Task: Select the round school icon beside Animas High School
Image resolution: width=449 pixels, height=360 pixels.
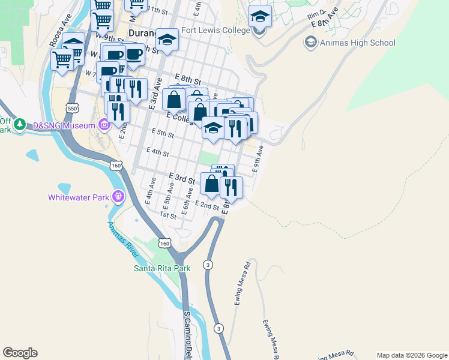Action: (x=310, y=43)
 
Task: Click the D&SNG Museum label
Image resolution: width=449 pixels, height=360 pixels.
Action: (x=64, y=125)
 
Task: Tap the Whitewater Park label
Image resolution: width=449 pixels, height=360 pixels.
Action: (x=79, y=197)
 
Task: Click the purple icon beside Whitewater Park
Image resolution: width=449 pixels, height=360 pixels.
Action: (x=118, y=196)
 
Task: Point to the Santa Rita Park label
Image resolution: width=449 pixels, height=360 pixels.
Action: (x=161, y=268)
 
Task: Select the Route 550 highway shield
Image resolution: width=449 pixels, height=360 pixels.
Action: (x=73, y=108)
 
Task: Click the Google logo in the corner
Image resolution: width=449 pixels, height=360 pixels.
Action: (x=20, y=353)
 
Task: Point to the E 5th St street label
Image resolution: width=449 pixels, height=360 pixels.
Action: (x=163, y=134)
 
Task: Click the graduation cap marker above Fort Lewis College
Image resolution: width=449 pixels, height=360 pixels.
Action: (x=260, y=16)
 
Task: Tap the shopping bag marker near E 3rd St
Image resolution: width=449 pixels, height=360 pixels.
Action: (x=211, y=184)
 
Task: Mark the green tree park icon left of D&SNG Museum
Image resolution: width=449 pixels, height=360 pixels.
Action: (x=20, y=125)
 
